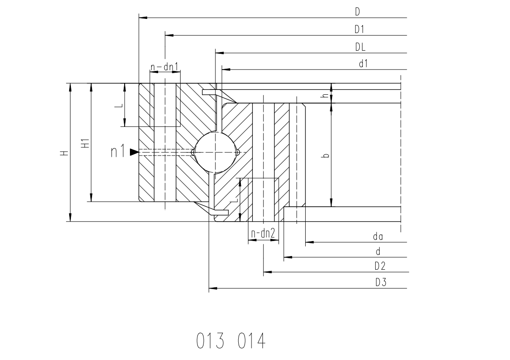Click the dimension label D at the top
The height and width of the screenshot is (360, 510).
tap(358, 12)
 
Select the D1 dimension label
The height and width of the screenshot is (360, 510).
tap(359, 30)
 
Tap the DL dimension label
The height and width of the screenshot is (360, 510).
tap(360, 47)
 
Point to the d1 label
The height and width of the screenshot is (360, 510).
tap(363, 64)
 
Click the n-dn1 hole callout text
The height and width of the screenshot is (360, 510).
tap(164, 67)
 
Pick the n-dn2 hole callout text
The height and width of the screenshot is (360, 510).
tap(263, 233)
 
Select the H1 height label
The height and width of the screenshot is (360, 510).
tap(85, 144)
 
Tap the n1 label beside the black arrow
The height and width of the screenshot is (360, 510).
tap(118, 152)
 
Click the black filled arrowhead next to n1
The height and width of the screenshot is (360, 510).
tap(134, 152)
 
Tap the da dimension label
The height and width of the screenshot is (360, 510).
tap(378, 236)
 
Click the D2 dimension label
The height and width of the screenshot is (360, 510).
tap(380, 266)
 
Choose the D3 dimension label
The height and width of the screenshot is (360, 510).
tap(381, 282)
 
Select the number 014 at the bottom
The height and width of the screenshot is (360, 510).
tap(251, 341)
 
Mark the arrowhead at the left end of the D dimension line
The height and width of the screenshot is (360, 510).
tap(144, 18)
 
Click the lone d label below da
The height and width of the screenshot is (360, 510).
tap(378, 252)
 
